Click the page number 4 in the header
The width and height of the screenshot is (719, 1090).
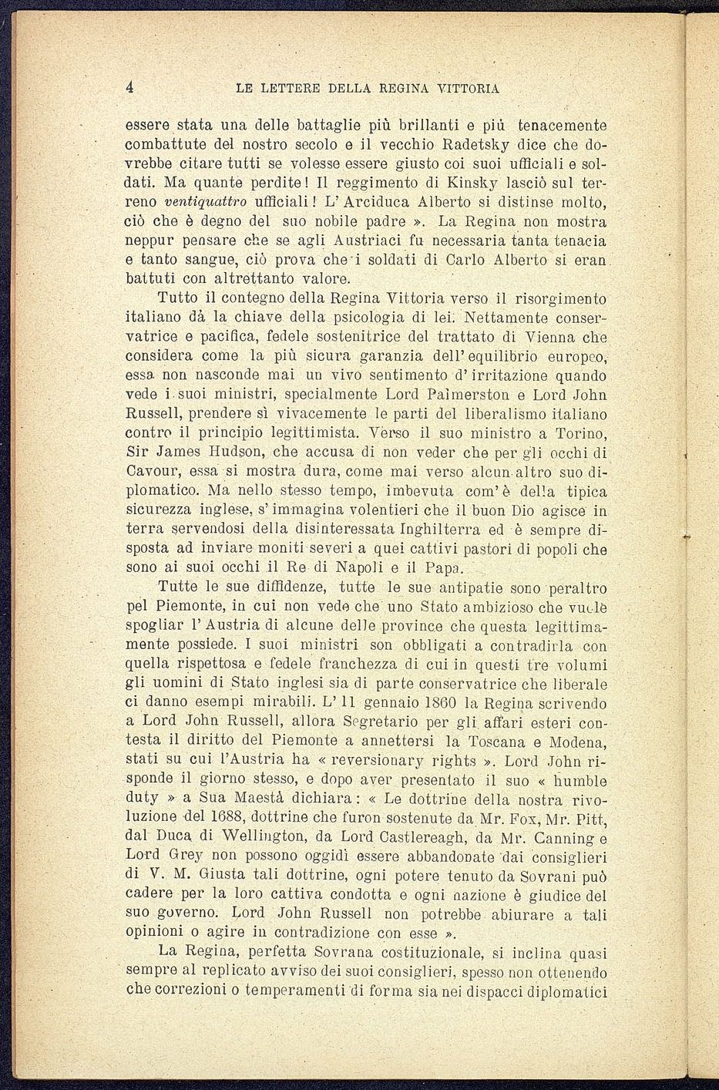pos(130,87)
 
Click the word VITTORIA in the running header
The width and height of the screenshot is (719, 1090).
pos(468,89)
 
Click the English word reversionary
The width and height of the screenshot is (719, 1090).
pos(396,761)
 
